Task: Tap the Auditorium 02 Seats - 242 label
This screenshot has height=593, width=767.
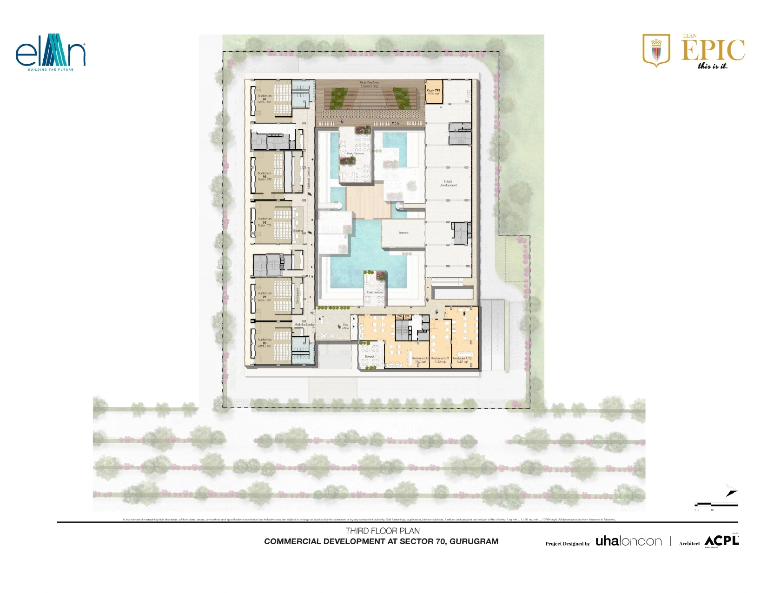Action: click(264, 176)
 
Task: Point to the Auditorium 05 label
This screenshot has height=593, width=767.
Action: click(264, 343)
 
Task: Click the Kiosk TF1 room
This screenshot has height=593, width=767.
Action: click(433, 92)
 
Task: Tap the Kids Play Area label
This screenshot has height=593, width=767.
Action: click(369, 84)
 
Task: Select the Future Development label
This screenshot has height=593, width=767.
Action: click(448, 183)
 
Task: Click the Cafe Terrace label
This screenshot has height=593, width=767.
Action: click(375, 292)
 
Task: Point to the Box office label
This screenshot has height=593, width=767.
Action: click(345, 326)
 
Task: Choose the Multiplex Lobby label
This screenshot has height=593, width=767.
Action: click(304, 325)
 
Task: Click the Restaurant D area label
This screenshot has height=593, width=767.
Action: click(420, 360)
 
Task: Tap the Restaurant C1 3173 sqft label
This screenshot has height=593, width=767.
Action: click(440, 360)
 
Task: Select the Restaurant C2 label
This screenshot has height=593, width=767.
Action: click(462, 360)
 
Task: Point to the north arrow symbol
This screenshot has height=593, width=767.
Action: click(732, 491)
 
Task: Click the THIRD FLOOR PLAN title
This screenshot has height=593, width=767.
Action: click(382, 531)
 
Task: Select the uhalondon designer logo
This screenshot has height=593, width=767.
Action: click(628, 541)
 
